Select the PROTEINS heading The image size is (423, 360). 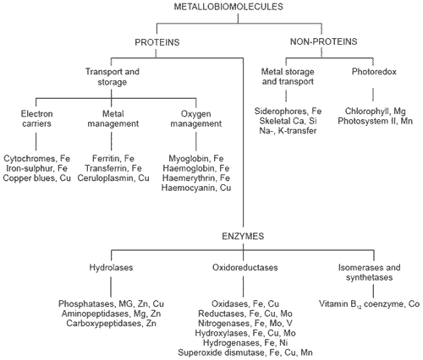[160, 41]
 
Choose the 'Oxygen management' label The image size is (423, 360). [191, 120]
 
